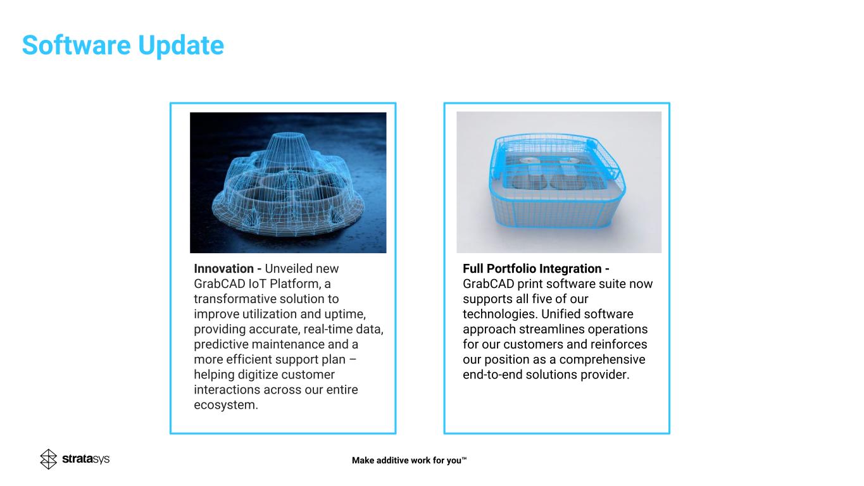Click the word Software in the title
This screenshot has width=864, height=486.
77,45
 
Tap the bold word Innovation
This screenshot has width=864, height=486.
223,268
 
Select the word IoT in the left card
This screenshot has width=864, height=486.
257,283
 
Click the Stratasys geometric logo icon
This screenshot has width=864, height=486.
49,459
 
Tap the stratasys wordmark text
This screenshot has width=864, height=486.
85,459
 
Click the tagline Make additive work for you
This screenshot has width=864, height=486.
409,460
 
